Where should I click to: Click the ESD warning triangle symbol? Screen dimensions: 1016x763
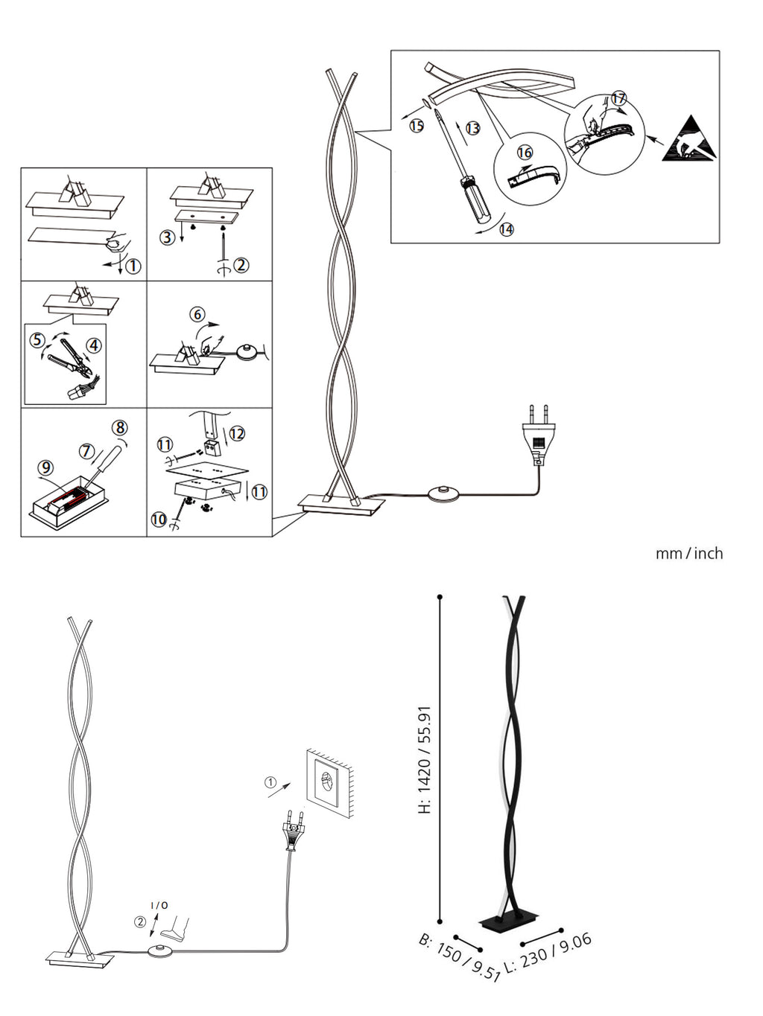pyautogui.click(x=689, y=140)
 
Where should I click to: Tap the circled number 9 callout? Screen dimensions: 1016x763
pyautogui.click(x=45, y=467)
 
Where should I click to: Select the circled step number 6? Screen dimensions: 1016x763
pyautogui.click(x=197, y=315)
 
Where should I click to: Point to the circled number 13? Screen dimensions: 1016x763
pyautogui.click(x=472, y=128)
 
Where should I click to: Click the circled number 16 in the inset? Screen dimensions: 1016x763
pyautogui.click(x=525, y=153)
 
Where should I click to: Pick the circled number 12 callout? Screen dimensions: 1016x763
pyautogui.click(x=237, y=433)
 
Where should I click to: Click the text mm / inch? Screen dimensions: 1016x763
pyautogui.click(x=688, y=554)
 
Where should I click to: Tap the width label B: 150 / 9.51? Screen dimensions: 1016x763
pyautogui.click(x=458, y=957)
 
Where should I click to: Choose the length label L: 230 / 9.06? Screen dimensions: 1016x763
pyautogui.click(x=548, y=953)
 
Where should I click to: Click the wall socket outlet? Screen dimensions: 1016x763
pyautogui.click(x=329, y=784)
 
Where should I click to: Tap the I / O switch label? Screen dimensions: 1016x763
pyautogui.click(x=159, y=905)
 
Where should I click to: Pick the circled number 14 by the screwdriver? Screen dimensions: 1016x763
pyautogui.click(x=506, y=229)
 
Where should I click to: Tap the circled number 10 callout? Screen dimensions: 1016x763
pyautogui.click(x=159, y=519)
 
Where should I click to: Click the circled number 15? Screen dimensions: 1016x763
pyautogui.click(x=417, y=126)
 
